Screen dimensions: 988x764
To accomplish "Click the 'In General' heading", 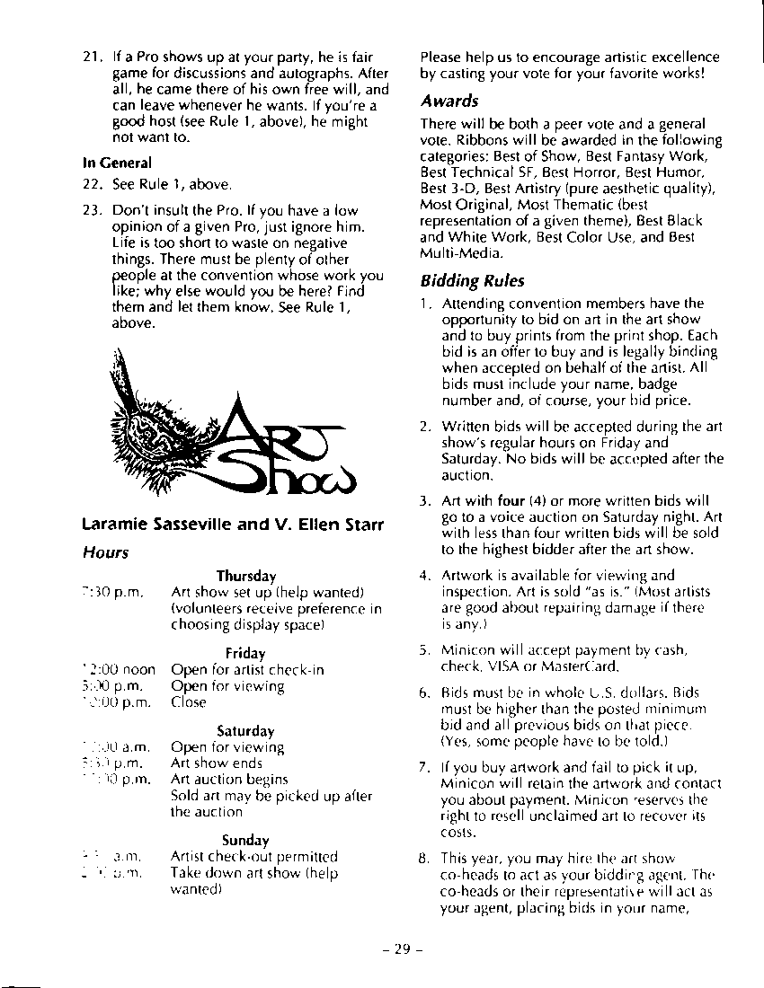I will (117, 163).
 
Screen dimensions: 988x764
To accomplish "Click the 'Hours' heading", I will (104, 552).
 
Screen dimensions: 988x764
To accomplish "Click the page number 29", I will (401, 950).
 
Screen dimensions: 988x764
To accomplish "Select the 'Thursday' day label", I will (245, 576).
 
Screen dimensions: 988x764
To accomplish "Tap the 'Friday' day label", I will (245, 653).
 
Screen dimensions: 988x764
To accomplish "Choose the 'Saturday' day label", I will (245, 731).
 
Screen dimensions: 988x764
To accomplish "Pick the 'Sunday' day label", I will (245, 841).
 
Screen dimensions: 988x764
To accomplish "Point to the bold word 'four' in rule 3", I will (511, 500).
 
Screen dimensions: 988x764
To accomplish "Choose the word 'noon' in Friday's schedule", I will (138, 669).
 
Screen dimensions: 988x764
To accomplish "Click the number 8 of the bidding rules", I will (425, 857).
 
